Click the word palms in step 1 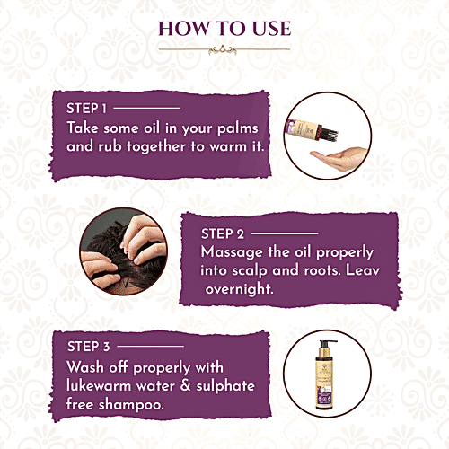coord(243,128)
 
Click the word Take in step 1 coord(85,128)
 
